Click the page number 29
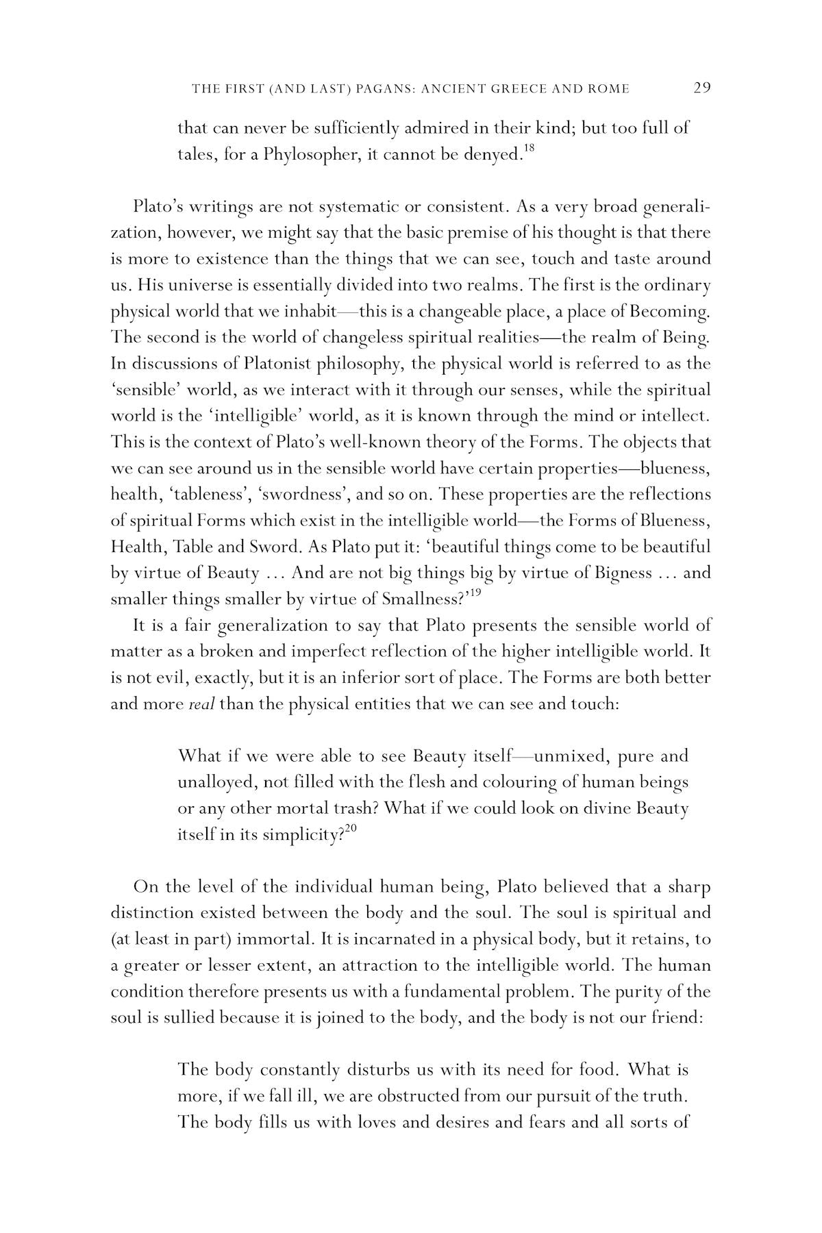pos(702,88)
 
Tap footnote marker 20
pos(350,828)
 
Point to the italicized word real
pos(201,704)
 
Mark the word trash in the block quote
pos(351,808)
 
